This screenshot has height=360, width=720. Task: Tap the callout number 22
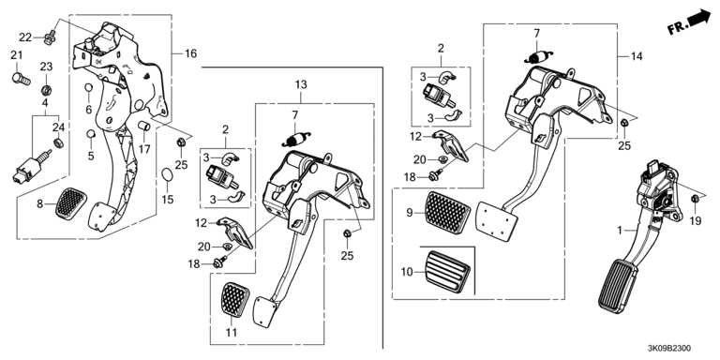(25, 37)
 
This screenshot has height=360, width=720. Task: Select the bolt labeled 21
(21, 80)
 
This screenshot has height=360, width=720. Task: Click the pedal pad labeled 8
(71, 203)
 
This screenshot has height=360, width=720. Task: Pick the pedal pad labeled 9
(449, 214)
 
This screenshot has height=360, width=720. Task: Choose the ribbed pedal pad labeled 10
(448, 271)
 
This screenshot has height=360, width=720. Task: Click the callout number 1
(620, 231)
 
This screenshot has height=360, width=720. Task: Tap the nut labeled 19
(696, 199)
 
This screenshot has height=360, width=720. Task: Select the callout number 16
(190, 53)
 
